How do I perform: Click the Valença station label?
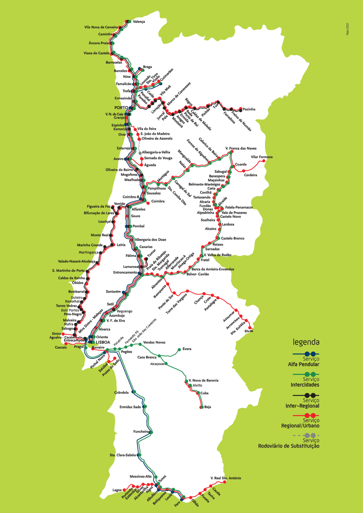pos(139,22)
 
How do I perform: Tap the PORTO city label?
pos(121,108)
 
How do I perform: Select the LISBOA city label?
pos(103,342)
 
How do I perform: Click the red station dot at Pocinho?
pos(241,109)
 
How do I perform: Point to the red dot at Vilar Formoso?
pos(263,161)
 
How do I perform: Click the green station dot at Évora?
pos(179,349)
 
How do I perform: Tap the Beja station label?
pos(208,407)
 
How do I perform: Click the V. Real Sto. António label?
pos(226,478)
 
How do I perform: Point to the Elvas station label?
pos(249,331)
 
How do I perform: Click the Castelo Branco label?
pos(233,238)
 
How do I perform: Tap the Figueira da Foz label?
pos(99,206)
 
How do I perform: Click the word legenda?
pos(306,342)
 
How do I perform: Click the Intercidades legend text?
pos(305,385)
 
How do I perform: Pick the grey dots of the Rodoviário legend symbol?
pos(310,436)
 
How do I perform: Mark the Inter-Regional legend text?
pos(302,406)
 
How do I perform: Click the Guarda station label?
pos(241,164)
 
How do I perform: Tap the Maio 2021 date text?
pos(348,29)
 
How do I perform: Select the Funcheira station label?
pos(141,432)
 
